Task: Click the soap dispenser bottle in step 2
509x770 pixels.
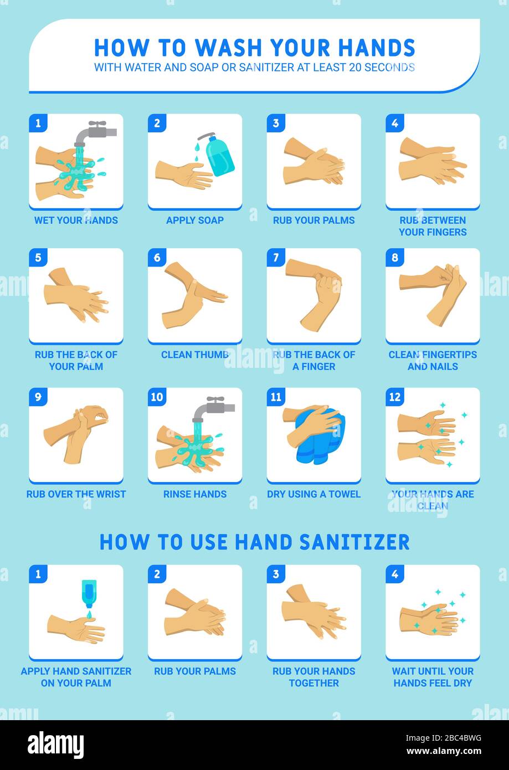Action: [219, 156]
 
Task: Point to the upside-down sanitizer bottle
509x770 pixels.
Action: [89, 593]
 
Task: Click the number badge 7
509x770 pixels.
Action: [276, 257]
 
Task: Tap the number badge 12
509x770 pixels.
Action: [395, 397]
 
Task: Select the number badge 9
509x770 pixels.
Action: [38, 397]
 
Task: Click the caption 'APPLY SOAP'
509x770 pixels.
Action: [195, 220]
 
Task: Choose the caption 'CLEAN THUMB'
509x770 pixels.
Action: [195, 355]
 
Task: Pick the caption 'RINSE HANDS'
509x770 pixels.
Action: [195, 494]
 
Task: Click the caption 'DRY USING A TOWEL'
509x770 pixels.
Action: [313, 494]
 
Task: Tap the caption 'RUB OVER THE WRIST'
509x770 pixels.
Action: [76, 494]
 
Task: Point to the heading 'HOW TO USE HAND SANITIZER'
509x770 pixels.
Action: [254, 542]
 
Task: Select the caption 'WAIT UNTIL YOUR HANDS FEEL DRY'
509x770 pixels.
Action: [433, 677]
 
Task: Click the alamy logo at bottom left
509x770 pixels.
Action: [55, 745]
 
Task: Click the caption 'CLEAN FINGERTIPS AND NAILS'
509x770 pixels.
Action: [433, 360]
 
